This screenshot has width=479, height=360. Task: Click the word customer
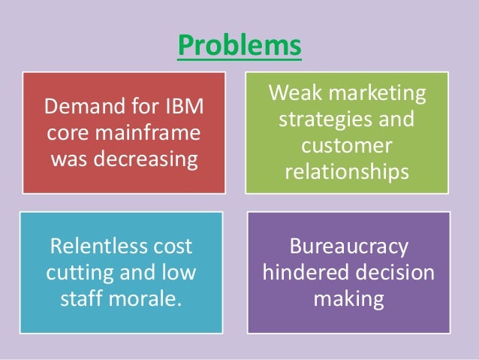[x=347, y=147]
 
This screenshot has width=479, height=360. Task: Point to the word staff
[x=82, y=300]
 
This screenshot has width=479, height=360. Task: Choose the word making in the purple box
[x=348, y=300]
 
